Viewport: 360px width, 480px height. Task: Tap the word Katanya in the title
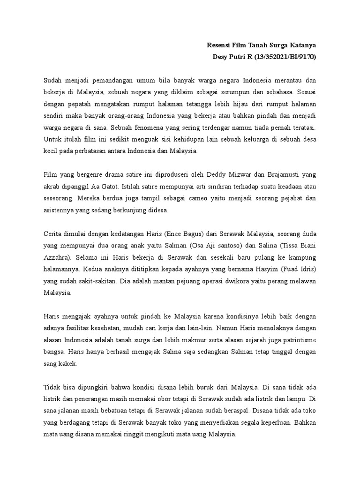point(302,45)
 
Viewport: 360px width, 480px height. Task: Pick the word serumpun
point(243,92)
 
